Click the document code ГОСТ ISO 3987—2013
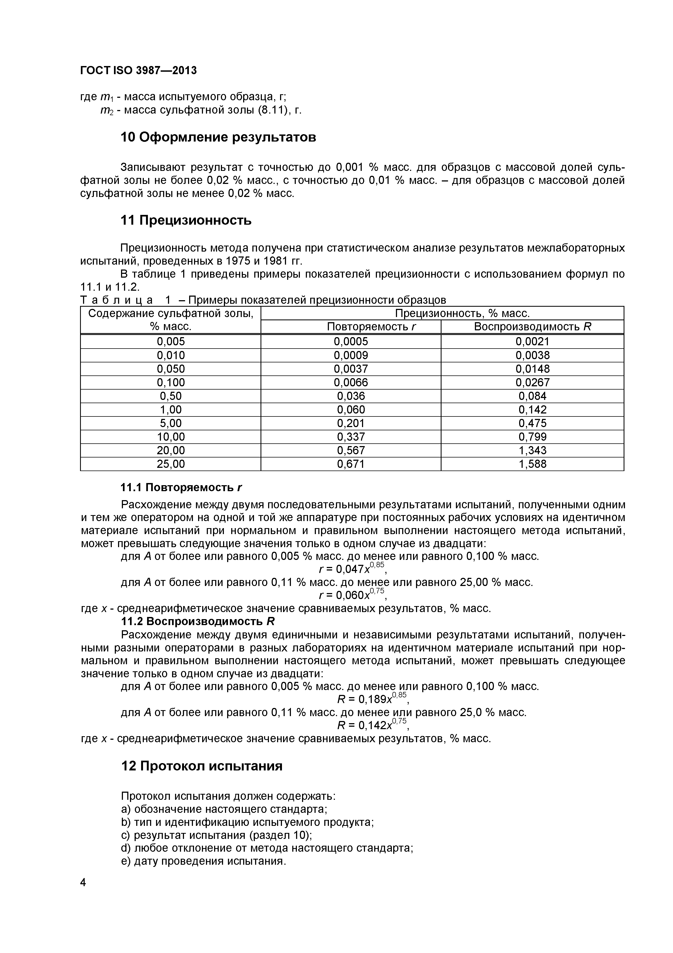[138, 71]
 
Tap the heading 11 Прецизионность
[186, 220]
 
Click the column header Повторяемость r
[371, 327]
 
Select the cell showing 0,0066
[351, 382]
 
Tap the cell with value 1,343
[532, 450]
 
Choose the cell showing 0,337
[351, 437]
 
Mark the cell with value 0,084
[532, 396]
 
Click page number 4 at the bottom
[83, 894]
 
